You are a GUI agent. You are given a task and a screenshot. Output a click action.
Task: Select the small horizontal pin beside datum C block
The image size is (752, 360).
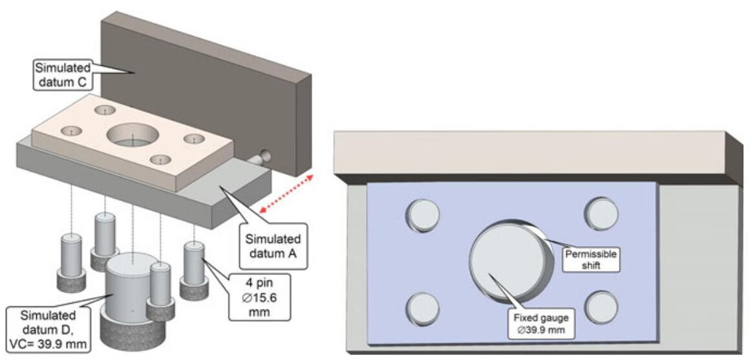pos(263,154)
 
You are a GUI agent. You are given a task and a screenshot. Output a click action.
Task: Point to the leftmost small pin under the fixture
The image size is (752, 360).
pos(70,259)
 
